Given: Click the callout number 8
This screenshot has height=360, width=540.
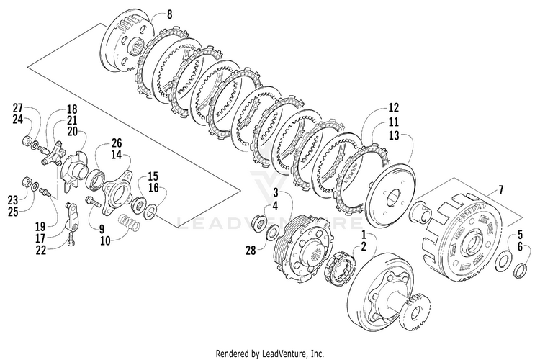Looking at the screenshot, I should (x=170, y=14).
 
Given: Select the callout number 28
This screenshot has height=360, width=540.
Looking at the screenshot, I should (x=251, y=250).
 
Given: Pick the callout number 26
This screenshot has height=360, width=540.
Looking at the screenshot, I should (x=117, y=143).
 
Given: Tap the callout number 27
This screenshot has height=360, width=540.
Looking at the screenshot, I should (x=17, y=108).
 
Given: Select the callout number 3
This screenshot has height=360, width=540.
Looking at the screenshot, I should (x=276, y=192).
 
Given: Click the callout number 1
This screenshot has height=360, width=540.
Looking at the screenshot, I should (x=364, y=235).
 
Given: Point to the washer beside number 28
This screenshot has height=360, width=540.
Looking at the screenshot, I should (x=273, y=233).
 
